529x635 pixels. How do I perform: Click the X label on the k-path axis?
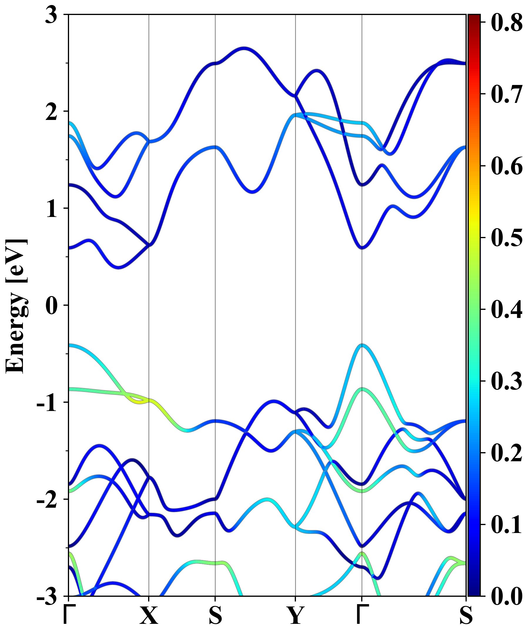click(148, 616)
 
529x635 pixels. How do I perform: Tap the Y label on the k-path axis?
click(295, 616)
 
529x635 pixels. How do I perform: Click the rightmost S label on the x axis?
click(466, 616)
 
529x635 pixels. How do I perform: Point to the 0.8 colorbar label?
click(506, 22)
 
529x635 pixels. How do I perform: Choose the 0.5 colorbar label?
click(506, 238)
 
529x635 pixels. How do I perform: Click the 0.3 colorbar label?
click(506, 381)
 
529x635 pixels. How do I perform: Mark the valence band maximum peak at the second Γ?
click(362, 345)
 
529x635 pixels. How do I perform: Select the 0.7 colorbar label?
click(506, 94)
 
